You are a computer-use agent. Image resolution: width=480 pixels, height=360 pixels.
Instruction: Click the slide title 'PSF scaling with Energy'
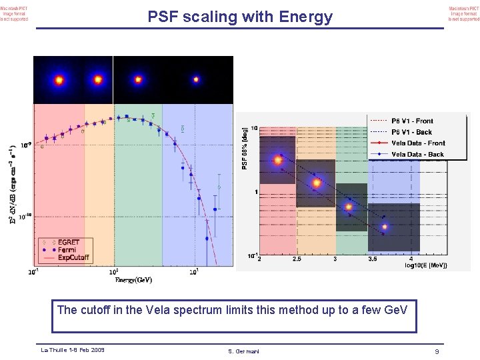[x=239, y=17]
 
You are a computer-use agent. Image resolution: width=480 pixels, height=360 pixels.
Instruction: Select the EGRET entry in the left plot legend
[x=68, y=242]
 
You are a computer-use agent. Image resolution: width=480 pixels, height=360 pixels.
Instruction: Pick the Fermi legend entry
[x=67, y=250]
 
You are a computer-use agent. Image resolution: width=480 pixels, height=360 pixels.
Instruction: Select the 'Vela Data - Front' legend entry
[x=418, y=143]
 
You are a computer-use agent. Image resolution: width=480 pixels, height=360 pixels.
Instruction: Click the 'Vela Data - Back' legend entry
[x=417, y=155]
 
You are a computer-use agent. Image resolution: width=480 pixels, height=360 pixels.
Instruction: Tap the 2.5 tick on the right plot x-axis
[x=297, y=260]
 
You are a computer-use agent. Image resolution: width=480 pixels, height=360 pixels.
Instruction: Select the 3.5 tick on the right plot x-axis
[x=374, y=260]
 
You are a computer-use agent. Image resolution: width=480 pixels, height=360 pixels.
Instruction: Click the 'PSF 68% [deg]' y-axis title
[x=245, y=148]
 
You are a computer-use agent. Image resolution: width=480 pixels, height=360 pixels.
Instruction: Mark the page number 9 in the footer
[x=437, y=351]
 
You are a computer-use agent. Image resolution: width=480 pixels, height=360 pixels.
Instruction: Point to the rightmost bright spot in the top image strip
[x=196, y=79]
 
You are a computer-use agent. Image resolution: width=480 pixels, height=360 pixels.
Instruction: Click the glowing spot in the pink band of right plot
[x=277, y=160]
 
